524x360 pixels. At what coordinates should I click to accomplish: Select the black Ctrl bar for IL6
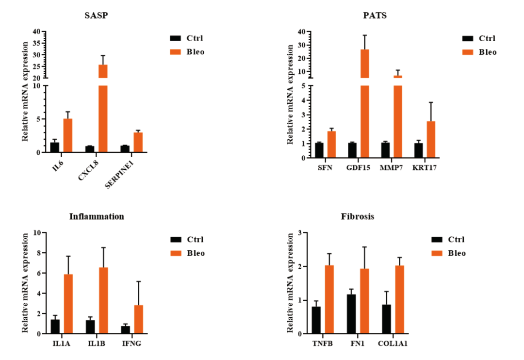(x=55, y=147)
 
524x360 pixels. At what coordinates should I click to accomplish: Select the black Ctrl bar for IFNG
(x=126, y=329)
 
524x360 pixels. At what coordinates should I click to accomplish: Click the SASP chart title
(x=96, y=15)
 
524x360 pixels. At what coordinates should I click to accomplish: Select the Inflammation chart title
(x=97, y=216)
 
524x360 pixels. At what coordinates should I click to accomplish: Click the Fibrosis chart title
(x=358, y=216)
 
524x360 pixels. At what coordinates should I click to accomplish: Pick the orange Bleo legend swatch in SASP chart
(x=175, y=51)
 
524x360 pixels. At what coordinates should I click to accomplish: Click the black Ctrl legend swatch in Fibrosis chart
(x=437, y=239)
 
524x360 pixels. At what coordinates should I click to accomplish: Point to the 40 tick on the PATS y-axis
(x=301, y=32)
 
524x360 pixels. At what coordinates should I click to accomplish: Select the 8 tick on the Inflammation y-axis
(x=37, y=253)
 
